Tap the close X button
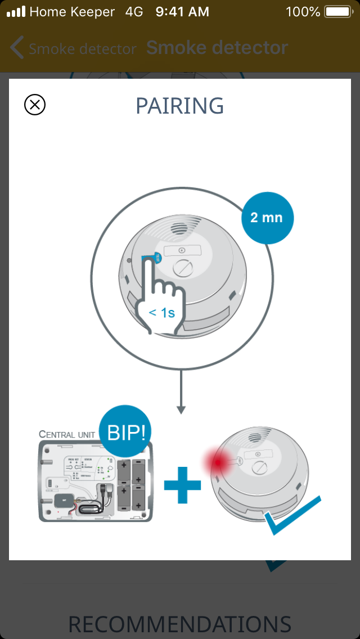tap(35, 105)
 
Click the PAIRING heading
tap(180, 106)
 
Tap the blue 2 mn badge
tap(267, 218)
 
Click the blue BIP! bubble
tap(125, 433)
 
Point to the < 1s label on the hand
tap(161, 312)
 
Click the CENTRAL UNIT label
tap(67, 434)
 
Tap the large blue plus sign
tap(182, 484)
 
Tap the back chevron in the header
tap(17, 48)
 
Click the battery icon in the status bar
tap(338, 12)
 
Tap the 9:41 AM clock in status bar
tap(182, 12)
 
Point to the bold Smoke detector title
tap(217, 48)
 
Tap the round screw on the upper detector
tap(184, 267)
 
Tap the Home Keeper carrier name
tap(72, 12)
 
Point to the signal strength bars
tap(16, 12)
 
